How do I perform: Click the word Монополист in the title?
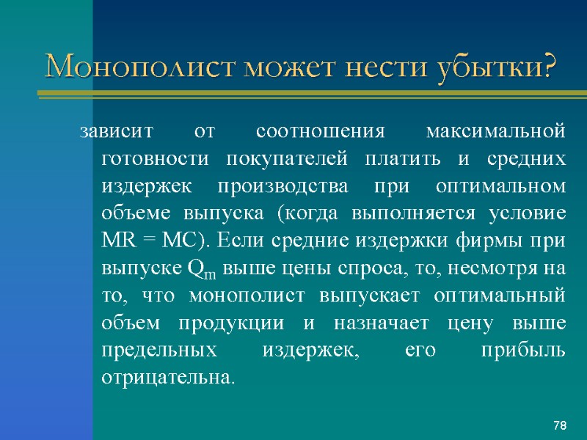(x=132, y=68)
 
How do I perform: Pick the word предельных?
(x=156, y=351)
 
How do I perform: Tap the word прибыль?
(x=522, y=351)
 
